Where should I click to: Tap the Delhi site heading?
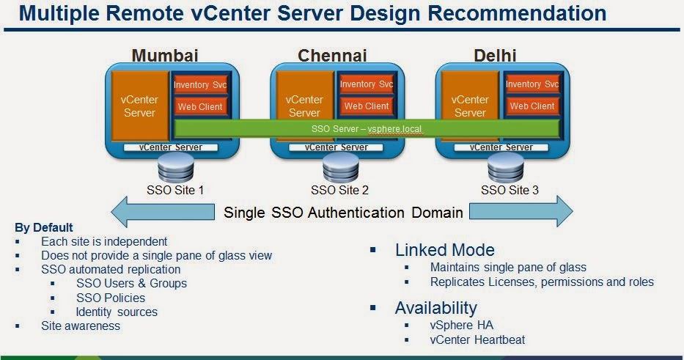[495, 55]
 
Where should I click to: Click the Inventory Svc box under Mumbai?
[200, 85]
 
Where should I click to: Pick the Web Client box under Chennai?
[366, 106]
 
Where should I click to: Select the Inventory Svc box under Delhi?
[532, 85]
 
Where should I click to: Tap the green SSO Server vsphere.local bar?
[367, 128]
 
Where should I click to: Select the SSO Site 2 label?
[339, 190]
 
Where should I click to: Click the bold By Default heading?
[44, 227]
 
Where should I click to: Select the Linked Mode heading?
[444, 249]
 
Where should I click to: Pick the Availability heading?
[435, 307]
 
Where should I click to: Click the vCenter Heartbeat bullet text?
[477, 339]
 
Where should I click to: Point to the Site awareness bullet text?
[81, 326]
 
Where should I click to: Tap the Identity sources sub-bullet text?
[117, 312]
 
